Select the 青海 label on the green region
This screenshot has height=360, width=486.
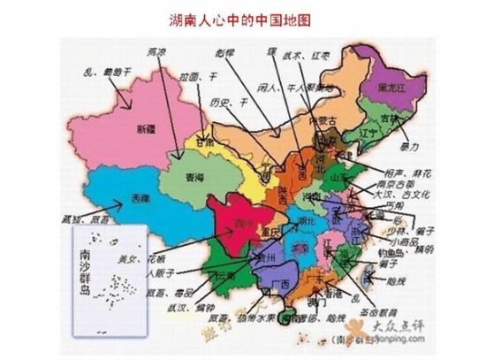pos(194,176)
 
